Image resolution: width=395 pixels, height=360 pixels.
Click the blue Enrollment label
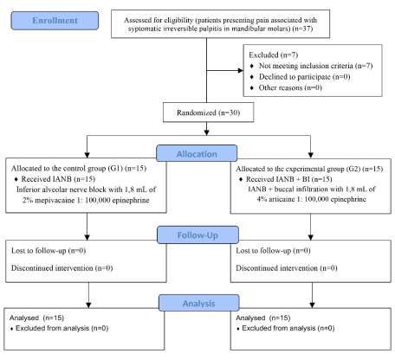(55, 21)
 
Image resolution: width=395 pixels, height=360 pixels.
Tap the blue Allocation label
(197, 153)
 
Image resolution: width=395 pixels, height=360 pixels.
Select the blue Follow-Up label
(197, 235)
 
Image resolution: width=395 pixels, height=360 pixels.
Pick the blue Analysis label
(199, 303)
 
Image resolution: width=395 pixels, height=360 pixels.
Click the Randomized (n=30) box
(208, 112)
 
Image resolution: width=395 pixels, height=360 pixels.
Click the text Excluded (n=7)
(273, 55)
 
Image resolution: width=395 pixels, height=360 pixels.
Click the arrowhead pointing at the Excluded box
(240, 70)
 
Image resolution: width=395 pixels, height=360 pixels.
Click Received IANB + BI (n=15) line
(288, 179)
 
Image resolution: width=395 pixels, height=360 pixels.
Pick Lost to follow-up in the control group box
(39, 251)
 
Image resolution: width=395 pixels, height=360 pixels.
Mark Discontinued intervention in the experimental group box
(276, 268)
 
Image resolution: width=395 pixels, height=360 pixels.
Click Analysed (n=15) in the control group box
(36, 318)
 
